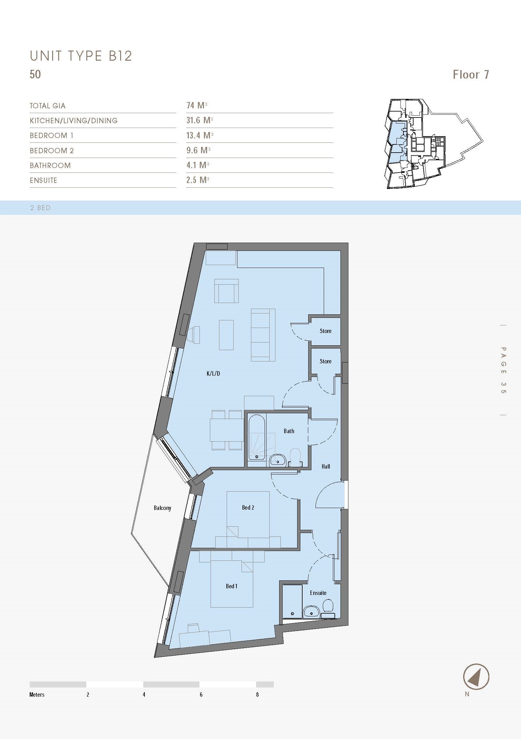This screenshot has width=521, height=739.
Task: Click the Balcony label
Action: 162,508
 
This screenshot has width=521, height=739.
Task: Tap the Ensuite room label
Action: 318,593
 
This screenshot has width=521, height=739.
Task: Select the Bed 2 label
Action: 248,508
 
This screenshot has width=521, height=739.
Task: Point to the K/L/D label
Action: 213,373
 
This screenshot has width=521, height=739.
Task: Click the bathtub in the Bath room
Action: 257,437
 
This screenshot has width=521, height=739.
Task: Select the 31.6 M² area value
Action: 199,120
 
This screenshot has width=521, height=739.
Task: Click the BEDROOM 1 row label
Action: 52,136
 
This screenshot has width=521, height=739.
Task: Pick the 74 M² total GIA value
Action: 196,105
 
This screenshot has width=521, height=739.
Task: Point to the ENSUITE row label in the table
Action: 44,180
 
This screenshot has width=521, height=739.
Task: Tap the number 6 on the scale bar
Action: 201,694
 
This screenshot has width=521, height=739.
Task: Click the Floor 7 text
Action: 471,75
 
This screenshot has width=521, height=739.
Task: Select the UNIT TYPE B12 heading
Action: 81,56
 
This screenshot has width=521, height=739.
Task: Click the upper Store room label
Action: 326,331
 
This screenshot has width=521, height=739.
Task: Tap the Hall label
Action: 326,466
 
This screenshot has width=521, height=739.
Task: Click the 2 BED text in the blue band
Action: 40,208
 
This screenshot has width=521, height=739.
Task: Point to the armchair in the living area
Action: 226,291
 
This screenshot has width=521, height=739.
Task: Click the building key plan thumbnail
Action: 433,143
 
